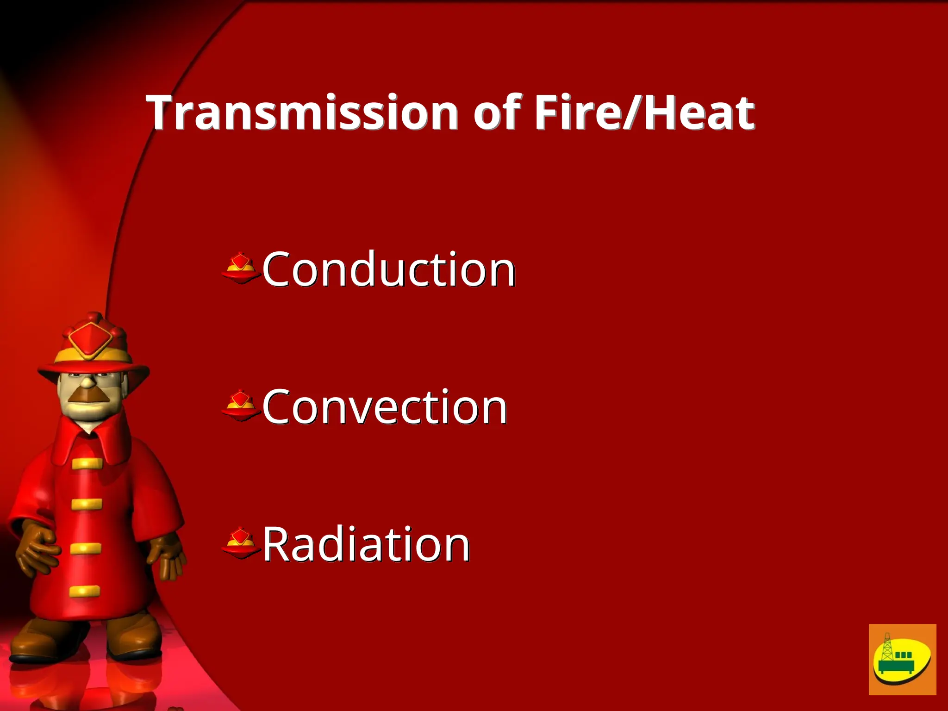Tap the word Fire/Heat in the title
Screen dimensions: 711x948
click(x=644, y=112)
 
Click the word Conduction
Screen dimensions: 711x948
click(x=389, y=269)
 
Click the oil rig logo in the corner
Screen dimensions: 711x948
click(x=902, y=659)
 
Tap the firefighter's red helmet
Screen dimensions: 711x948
click(x=93, y=345)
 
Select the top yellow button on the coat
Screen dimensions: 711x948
click(x=87, y=463)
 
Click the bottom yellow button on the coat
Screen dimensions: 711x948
click(x=85, y=591)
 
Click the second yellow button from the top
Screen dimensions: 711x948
click(x=87, y=504)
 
